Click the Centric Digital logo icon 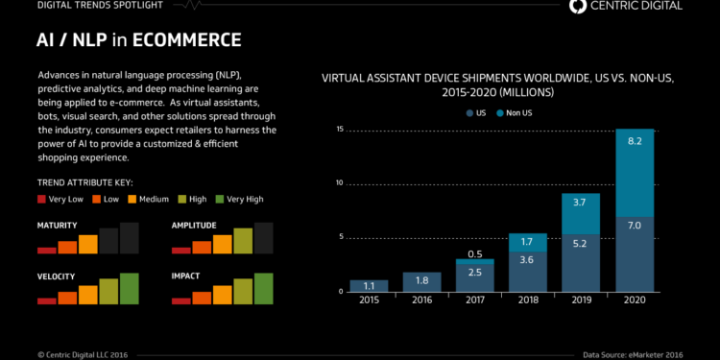click(x=578, y=7)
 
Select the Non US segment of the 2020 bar click(x=635, y=173)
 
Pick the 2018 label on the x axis click(x=526, y=301)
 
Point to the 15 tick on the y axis click(x=339, y=129)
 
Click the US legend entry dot click(x=469, y=112)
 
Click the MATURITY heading click(x=57, y=225)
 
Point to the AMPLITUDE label click(x=195, y=225)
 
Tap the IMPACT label click(x=187, y=276)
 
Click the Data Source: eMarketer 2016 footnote click(x=645, y=354)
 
